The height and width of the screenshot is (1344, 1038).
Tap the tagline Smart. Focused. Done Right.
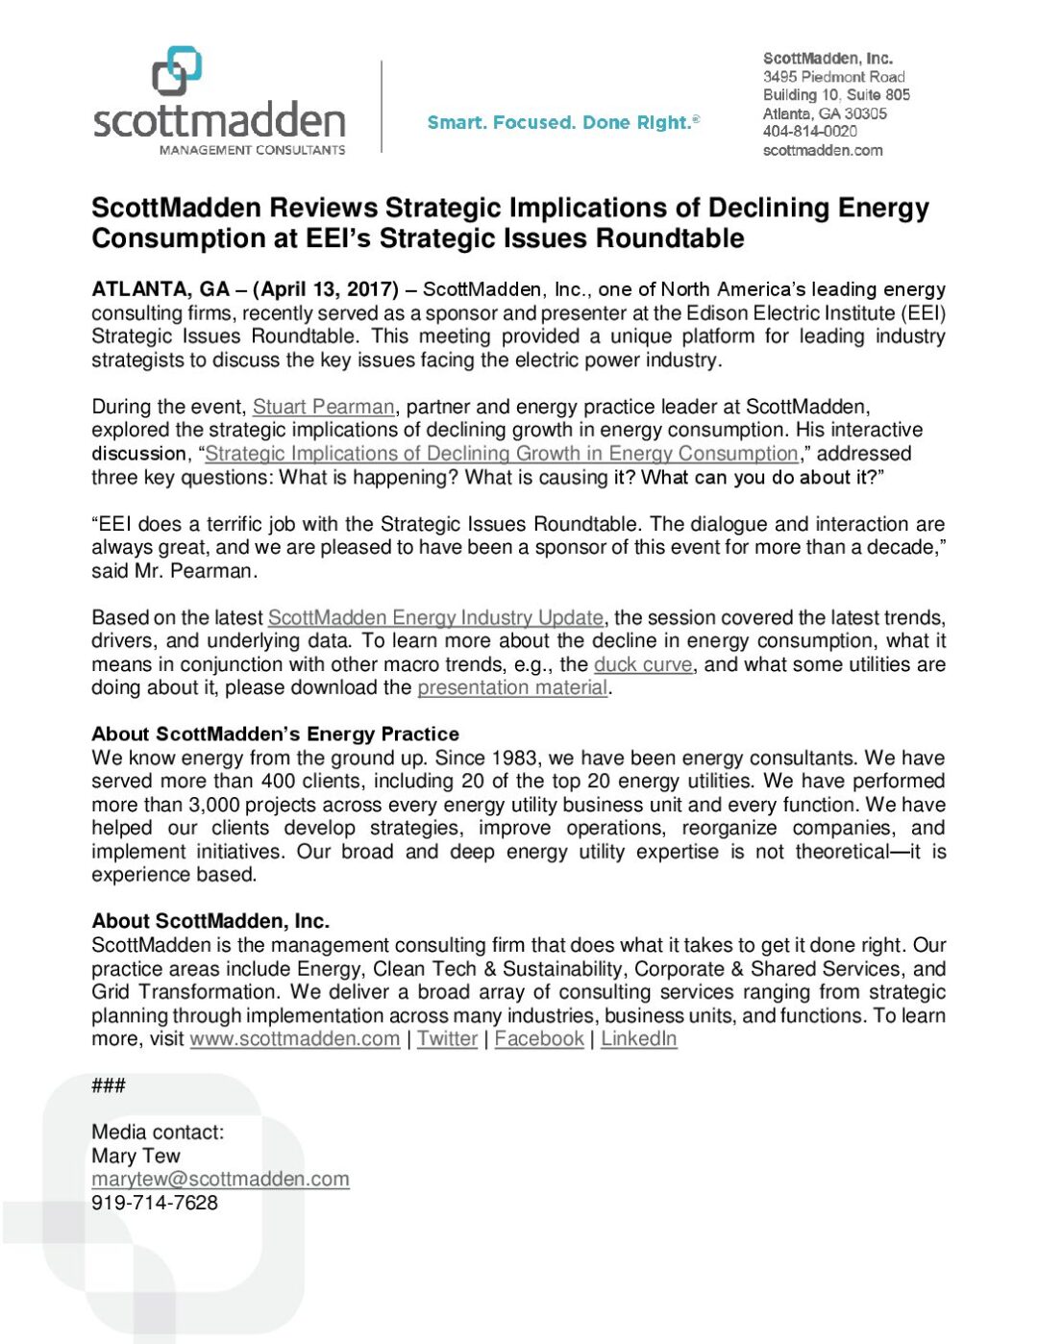(563, 123)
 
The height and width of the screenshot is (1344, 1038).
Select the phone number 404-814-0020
(809, 132)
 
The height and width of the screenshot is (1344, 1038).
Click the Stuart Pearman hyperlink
(323, 407)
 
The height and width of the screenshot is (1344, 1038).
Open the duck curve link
(642, 664)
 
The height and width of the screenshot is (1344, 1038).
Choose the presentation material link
(512, 687)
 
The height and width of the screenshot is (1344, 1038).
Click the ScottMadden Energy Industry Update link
(435, 617)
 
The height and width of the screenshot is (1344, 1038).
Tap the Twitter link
(447, 1038)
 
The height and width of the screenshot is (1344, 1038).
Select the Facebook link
(539, 1038)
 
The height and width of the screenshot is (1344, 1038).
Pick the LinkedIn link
(638, 1038)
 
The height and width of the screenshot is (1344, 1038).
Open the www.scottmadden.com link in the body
(294, 1038)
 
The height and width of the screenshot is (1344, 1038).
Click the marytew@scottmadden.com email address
(220, 1179)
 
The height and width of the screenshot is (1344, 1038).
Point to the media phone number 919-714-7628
(155, 1203)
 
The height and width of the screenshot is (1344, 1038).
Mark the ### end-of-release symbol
(108, 1085)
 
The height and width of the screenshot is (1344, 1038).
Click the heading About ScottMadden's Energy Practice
(275, 734)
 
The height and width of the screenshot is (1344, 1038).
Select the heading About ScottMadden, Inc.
(210, 921)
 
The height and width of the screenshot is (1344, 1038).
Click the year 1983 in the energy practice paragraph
(514, 758)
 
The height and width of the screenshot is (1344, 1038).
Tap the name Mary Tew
(136, 1156)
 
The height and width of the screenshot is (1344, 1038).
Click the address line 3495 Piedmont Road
(833, 77)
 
